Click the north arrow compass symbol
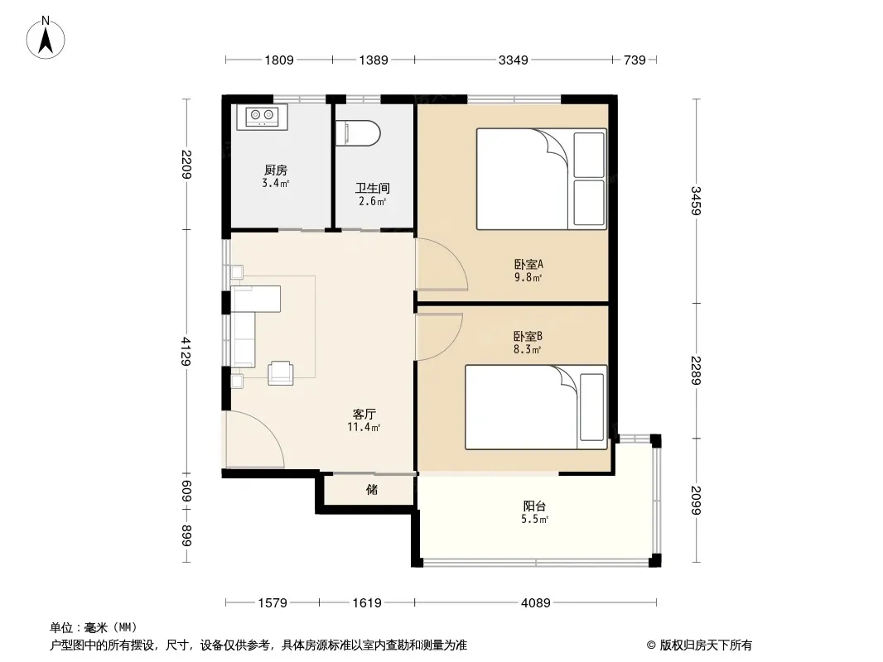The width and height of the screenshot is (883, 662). [x=46, y=38]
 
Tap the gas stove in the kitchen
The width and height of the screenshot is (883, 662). [x=263, y=117]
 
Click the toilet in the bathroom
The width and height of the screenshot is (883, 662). [x=358, y=133]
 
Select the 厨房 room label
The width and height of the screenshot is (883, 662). [x=275, y=170]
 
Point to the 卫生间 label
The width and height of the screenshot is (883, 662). [x=372, y=188]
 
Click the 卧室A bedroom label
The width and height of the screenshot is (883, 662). [x=528, y=264]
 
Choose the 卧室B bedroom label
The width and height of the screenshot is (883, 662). [x=528, y=336]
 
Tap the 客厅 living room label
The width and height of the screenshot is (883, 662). [x=364, y=415]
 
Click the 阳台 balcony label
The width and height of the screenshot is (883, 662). [x=534, y=506]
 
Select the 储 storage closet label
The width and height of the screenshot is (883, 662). [x=372, y=489]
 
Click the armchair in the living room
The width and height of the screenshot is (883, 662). [x=281, y=372]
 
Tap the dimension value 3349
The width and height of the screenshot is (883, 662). [x=513, y=60]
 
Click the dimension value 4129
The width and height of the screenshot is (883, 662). [x=186, y=351]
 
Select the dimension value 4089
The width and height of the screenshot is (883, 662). [x=536, y=603]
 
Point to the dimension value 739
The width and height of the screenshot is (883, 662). [x=635, y=60]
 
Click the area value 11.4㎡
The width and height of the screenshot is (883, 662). [x=364, y=428]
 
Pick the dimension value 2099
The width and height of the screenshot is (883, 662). [x=697, y=500]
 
